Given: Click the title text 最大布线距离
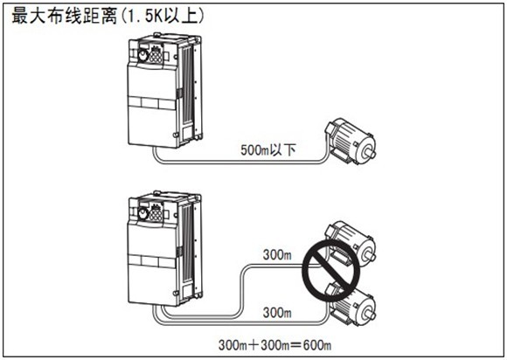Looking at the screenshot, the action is (64, 16).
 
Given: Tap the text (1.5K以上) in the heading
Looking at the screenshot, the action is (162, 16).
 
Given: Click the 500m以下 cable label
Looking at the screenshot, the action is (268, 150).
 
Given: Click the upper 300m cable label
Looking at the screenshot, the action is (277, 254).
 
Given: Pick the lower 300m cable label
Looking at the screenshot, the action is (277, 313).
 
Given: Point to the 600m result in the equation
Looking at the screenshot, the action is (316, 345).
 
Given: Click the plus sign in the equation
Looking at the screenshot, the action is (253, 345).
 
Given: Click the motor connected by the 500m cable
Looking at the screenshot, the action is (351, 142).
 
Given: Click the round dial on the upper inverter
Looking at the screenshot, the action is (142, 56).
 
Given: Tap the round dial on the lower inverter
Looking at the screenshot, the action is (142, 213).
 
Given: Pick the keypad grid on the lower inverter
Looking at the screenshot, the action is (156, 213).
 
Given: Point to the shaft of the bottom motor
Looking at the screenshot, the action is (371, 313).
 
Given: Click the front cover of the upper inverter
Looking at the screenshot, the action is (152, 105).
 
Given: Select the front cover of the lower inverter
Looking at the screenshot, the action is (152, 263).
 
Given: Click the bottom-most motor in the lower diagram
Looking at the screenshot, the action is (351, 304).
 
